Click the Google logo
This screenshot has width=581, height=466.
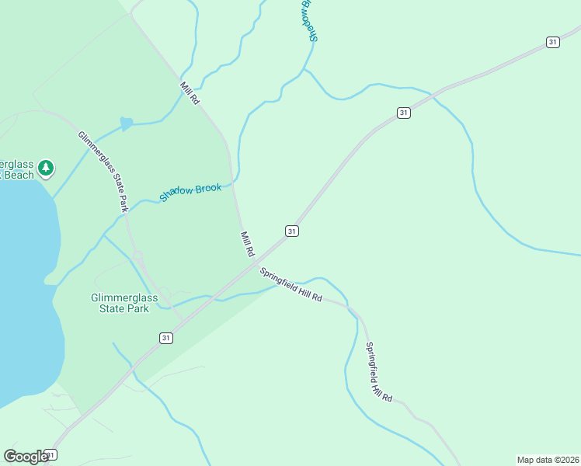(x=26, y=456)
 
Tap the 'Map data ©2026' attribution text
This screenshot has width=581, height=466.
(x=548, y=459)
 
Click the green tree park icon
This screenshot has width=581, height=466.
(x=46, y=168)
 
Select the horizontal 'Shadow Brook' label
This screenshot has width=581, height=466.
(x=190, y=192)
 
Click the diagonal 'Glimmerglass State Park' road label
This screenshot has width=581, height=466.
(x=103, y=172)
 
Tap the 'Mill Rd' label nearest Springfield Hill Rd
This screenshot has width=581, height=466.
(x=248, y=244)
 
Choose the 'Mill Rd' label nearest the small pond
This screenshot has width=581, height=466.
(x=190, y=94)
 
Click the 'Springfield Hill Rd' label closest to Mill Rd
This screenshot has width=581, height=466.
(x=291, y=285)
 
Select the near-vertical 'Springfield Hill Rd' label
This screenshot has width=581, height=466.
(x=378, y=372)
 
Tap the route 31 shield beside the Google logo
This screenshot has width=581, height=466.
(x=50, y=454)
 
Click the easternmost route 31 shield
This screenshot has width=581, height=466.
(x=552, y=42)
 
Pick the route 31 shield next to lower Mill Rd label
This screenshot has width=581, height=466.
(x=291, y=231)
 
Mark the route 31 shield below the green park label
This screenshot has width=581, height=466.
(x=165, y=338)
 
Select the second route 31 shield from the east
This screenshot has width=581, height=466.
(x=403, y=113)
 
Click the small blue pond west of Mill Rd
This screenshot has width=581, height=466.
(x=126, y=123)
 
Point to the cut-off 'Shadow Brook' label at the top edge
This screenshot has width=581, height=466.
(x=308, y=19)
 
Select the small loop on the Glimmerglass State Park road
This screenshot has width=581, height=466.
(x=137, y=256)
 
